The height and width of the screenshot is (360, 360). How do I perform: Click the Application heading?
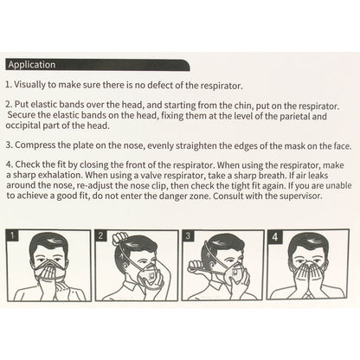32,65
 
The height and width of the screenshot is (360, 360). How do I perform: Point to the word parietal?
291,116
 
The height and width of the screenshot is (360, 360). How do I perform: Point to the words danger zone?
190,196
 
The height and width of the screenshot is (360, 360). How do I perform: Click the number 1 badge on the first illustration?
13,235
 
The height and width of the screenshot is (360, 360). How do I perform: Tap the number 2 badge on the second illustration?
100,235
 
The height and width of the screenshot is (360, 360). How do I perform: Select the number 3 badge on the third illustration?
188,235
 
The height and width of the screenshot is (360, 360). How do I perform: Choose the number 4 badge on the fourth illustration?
275,236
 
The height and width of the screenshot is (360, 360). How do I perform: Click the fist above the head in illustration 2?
120,238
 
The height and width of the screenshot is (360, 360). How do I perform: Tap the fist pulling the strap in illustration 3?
196,267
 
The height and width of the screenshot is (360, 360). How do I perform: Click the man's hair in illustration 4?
307,242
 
